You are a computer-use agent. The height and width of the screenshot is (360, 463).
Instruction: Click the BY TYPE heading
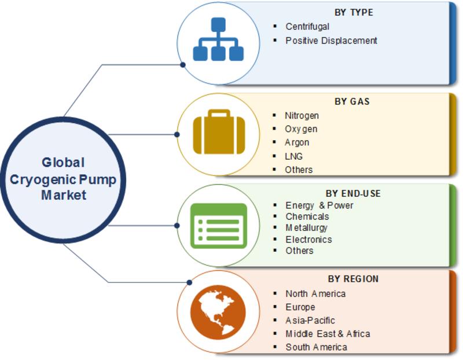pos(354,12)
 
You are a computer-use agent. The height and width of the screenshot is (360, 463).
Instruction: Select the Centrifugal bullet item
pos(307,27)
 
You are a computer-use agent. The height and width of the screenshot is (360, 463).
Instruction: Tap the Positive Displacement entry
pos(331,41)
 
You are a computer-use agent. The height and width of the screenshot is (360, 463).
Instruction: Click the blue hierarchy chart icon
pos(218,39)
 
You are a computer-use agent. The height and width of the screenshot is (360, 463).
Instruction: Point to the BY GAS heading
pos(352,102)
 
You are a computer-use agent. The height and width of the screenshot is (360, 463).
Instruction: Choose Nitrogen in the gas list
pos(302,116)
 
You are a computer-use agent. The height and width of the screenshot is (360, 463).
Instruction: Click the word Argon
pos(297,142)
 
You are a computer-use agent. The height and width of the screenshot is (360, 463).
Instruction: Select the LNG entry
pos(293,156)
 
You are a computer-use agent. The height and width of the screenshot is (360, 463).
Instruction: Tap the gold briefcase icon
pos(219,132)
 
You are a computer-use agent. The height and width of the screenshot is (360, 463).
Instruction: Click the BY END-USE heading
pos(353,194)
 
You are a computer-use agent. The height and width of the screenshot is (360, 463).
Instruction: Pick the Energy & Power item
pos(319,205)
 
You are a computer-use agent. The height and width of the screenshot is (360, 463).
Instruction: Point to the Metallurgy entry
pos(307,227)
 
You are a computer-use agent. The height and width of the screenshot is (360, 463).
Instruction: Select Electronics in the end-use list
pos(308,239)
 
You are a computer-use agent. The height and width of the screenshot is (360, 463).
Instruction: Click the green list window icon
pos(219,226)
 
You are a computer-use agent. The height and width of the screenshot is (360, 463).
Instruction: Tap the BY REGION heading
pos(353,279)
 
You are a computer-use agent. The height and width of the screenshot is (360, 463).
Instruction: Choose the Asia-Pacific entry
pos(310,321)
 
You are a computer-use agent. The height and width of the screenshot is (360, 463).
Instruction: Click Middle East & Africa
pos(328,334)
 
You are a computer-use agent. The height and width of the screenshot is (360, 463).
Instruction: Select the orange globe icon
pos(218,312)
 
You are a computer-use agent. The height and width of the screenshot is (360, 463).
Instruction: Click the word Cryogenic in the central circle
pos(43,180)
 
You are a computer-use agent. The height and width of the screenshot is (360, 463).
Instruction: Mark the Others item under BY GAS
pos(299,170)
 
